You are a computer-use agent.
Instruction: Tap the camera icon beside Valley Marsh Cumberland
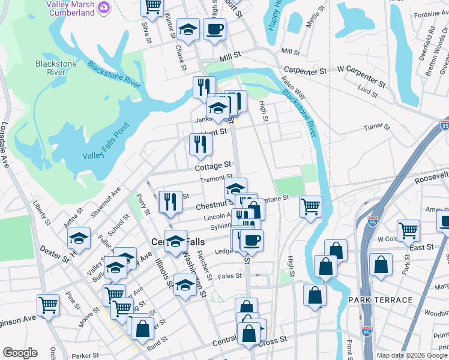click(104, 6)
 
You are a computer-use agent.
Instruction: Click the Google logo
click(20, 353)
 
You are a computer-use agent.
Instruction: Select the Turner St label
click(377, 127)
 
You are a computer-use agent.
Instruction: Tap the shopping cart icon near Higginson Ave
click(48, 304)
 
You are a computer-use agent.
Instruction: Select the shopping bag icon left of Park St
click(381, 264)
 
